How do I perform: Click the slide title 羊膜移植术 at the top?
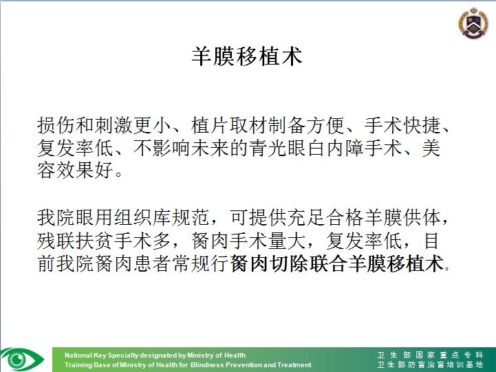click(x=247, y=56)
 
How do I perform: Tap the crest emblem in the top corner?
click(x=473, y=23)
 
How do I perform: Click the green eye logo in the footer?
click(x=22, y=360)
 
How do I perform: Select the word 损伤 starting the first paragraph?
click(x=56, y=125)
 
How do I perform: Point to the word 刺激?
click(x=114, y=125)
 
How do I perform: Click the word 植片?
click(x=211, y=125)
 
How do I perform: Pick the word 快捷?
click(x=422, y=125)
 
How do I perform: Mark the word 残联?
click(x=56, y=241)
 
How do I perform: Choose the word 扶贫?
click(x=95, y=241)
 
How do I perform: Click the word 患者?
click(x=153, y=263)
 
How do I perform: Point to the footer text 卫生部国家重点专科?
click(x=430, y=355)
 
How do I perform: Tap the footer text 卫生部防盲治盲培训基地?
click(x=430, y=364)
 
